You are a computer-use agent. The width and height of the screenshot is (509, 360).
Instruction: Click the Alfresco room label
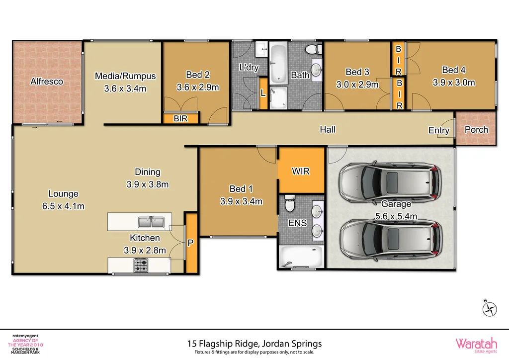click(47, 82)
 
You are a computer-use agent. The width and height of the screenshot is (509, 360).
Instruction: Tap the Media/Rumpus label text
click(125, 76)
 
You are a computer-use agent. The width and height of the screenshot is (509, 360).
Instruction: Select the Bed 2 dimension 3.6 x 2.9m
click(198, 87)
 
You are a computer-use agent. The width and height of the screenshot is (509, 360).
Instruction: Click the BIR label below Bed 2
click(180, 119)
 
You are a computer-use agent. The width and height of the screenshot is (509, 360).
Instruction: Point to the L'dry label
click(249, 68)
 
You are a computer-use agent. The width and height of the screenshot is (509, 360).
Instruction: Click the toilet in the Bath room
click(312, 50)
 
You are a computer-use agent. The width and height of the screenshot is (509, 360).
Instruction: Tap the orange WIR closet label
click(301, 172)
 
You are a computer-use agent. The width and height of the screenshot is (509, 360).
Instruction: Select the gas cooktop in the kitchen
click(141, 266)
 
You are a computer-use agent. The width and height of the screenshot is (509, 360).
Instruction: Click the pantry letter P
click(190, 243)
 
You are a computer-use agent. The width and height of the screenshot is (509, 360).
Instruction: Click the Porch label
click(476, 130)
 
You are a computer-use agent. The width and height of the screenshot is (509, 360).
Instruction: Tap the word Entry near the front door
click(439, 131)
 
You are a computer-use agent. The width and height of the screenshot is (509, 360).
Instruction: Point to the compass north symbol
click(490, 309)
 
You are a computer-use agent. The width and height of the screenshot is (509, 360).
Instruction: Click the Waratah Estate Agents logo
click(475, 344)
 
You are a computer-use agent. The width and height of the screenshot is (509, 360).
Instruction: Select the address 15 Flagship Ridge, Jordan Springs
click(254, 343)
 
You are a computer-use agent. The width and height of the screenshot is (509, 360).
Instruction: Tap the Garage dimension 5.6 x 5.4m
click(396, 216)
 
